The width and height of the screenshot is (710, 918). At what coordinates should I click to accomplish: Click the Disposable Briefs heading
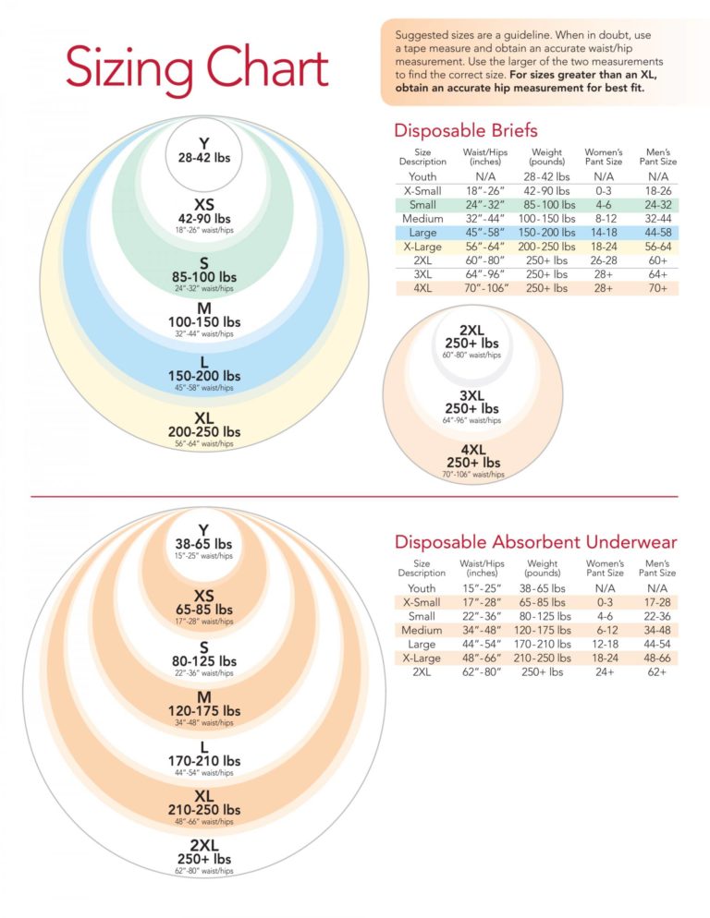465,131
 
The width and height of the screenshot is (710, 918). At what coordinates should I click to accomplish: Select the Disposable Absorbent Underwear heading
535,542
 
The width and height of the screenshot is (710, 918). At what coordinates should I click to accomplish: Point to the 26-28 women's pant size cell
604,260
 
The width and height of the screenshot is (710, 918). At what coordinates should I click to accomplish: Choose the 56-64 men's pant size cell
658,247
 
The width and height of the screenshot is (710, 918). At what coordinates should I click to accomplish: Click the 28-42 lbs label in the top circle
204,157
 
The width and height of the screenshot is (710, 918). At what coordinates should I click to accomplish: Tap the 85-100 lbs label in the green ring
204,276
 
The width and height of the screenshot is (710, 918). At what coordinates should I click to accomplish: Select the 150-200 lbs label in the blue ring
204,376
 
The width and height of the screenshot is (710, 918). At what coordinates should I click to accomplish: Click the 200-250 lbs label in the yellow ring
204,431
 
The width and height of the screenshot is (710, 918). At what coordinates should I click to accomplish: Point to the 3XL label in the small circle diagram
472,395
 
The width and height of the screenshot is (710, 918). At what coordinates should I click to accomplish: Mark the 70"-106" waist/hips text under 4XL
472,475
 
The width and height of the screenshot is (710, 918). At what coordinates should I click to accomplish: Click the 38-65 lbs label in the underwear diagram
203,545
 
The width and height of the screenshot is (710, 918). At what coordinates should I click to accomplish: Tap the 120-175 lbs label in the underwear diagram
204,710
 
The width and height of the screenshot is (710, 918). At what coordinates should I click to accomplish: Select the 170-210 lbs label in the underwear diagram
204,761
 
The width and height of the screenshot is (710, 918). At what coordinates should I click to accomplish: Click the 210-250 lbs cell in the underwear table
543,658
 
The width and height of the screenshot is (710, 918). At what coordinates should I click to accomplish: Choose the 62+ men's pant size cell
657,671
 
